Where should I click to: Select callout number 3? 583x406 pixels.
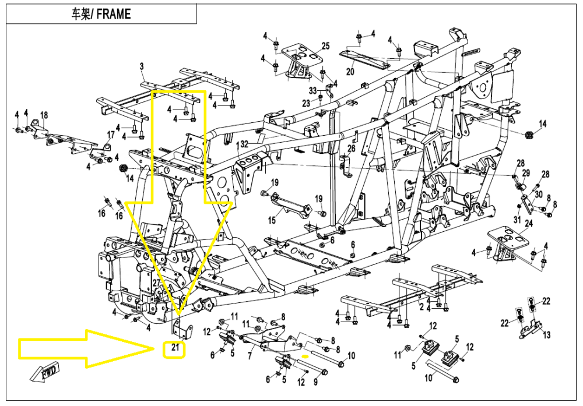pyautogui.click(x=142, y=68)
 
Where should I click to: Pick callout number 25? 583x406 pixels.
pyautogui.click(x=325, y=46)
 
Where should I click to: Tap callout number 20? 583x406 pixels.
pyautogui.click(x=350, y=72)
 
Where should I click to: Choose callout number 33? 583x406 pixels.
pyautogui.click(x=312, y=90)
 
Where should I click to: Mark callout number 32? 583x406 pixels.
pyautogui.click(x=244, y=144)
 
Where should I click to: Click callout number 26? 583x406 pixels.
pyautogui.click(x=351, y=149)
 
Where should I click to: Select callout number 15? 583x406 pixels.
pyautogui.click(x=272, y=220)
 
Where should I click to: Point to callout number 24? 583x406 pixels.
pyautogui.click(x=529, y=224)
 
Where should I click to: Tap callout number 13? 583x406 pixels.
pyautogui.click(x=546, y=335)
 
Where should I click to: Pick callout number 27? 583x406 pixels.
pyautogui.click(x=156, y=283)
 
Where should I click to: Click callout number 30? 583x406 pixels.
pyautogui.click(x=538, y=195)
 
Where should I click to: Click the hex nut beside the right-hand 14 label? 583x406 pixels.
pyautogui.click(x=529, y=135)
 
